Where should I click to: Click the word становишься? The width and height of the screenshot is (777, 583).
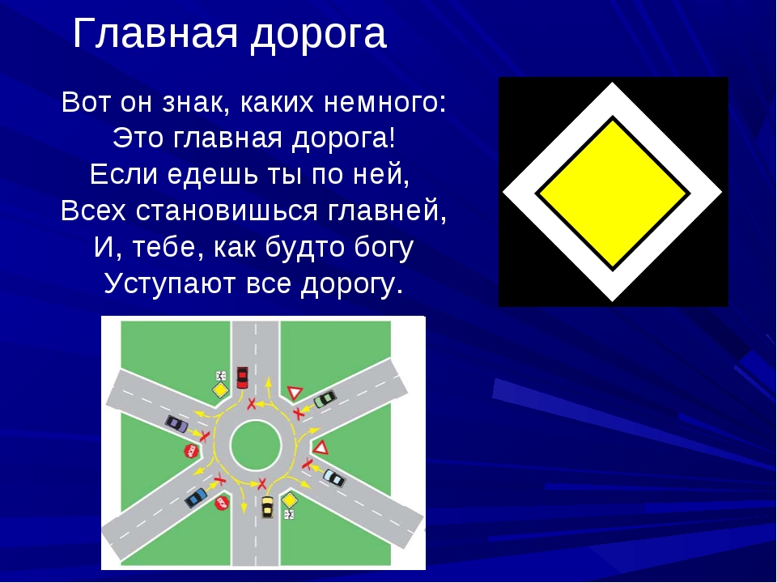pyautogui.click(x=227, y=211)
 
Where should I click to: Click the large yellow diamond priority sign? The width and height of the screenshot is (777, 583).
pyautogui.click(x=613, y=193)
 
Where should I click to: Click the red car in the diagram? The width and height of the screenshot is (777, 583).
pyautogui.click(x=242, y=377)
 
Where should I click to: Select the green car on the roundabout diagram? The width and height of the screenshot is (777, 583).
pyautogui.click(x=325, y=398)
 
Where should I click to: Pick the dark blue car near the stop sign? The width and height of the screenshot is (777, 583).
pyautogui.click(x=196, y=497)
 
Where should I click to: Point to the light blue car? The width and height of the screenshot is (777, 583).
pyautogui.click(x=334, y=478)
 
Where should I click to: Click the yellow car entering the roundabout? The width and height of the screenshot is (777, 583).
pyautogui.click(x=267, y=507)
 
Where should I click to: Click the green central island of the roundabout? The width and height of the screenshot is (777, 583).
pyautogui.click(x=256, y=445)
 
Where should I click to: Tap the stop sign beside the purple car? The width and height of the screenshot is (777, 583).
pyautogui.click(x=191, y=451)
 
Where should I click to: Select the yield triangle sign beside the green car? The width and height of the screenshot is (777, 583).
pyautogui.click(x=295, y=392)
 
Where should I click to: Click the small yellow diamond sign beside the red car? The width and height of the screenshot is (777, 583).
pyautogui.click(x=220, y=389)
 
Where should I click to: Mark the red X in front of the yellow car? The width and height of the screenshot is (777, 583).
pyautogui.click(x=261, y=483)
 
